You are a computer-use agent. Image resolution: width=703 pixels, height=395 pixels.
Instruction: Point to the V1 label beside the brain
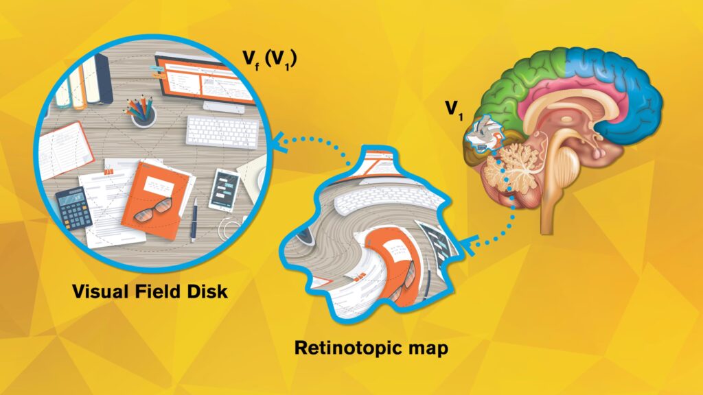(454, 110)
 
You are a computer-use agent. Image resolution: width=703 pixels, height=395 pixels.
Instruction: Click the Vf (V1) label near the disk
(269, 59)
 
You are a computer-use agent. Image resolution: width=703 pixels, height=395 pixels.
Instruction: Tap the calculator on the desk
(73, 208)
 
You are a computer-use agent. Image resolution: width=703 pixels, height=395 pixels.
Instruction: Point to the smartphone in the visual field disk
(224, 190)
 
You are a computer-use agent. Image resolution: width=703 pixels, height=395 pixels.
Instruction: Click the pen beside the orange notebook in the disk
(194, 220)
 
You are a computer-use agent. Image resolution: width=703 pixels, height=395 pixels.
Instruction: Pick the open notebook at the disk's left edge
(65, 150)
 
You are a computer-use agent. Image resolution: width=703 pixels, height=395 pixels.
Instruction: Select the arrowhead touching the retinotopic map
(468, 245)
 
